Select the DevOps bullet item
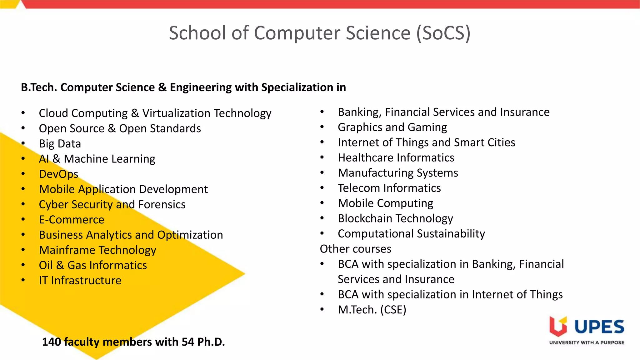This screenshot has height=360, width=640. click(x=58, y=174)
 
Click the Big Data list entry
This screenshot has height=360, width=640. click(x=60, y=144)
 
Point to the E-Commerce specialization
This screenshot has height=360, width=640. click(x=71, y=220)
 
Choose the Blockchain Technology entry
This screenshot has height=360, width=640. click(x=395, y=218)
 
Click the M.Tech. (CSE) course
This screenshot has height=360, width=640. click(x=372, y=310)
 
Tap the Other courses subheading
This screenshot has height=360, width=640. click(x=355, y=249)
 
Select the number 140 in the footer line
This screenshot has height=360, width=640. click(x=52, y=342)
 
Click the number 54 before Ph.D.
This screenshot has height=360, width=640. click(x=188, y=342)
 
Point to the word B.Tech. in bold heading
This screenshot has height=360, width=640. click(x=39, y=87)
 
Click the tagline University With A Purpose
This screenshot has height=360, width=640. click(x=587, y=342)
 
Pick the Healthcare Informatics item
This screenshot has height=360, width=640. click(x=396, y=158)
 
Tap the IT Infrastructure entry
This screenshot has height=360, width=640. click(x=80, y=281)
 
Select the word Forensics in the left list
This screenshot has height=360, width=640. click(x=162, y=205)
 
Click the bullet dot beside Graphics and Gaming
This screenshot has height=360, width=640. click(x=322, y=127)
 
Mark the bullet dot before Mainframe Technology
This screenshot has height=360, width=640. click(x=23, y=250)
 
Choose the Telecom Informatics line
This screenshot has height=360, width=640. click(x=389, y=188)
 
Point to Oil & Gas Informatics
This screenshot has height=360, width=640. click(x=93, y=265)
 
